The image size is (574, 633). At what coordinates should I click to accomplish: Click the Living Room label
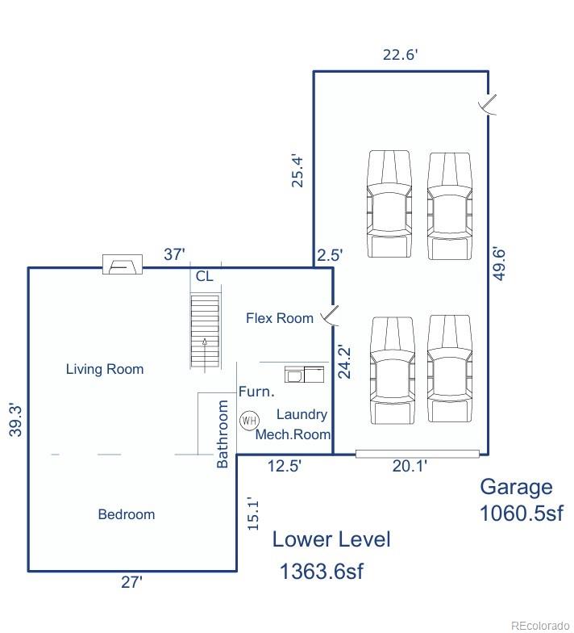(x=105, y=369)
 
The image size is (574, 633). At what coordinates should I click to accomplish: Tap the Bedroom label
(x=127, y=514)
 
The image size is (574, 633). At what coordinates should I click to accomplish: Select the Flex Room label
(x=280, y=318)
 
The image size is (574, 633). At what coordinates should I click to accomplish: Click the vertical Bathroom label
(x=223, y=434)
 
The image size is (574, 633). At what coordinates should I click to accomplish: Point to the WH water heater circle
(x=250, y=421)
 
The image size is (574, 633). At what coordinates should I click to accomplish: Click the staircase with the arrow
(x=205, y=331)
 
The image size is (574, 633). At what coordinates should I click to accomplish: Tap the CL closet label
(x=205, y=276)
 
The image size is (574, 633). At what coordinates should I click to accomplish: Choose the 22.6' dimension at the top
(x=400, y=55)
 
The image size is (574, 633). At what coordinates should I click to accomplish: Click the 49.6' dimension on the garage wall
(x=500, y=264)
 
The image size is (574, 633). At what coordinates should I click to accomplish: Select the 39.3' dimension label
(x=16, y=420)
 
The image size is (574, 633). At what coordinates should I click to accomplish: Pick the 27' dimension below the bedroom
(x=132, y=582)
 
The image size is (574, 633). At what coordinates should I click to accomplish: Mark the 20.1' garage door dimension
(x=410, y=466)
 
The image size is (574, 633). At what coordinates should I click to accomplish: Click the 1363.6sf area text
(x=321, y=572)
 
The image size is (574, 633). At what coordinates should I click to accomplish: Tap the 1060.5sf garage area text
(x=521, y=514)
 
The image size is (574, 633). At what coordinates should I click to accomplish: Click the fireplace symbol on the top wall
(x=123, y=265)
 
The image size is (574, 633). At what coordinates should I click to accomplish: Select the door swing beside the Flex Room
(x=331, y=315)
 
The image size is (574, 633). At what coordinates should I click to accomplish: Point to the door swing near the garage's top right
(x=488, y=105)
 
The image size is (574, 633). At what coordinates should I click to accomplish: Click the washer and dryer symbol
(x=305, y=375)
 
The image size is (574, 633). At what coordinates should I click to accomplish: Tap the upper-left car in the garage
(x=389, y=203)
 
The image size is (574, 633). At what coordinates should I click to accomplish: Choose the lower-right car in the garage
(x=450, y=368)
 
